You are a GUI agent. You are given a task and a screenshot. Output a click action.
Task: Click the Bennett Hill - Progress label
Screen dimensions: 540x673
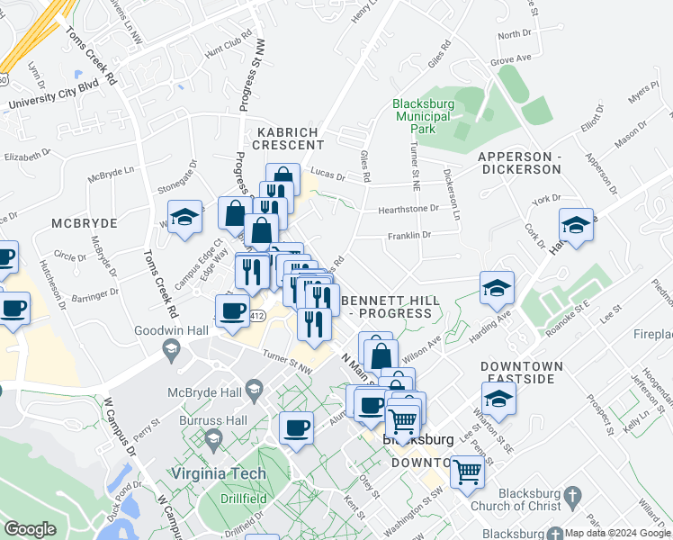point(390,306)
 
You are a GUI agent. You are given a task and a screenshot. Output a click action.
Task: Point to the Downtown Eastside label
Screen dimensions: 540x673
point(522,373)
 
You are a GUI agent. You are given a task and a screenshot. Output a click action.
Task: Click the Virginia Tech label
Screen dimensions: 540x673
point(221,474)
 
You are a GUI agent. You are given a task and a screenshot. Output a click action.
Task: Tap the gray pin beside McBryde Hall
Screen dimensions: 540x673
point(255,390)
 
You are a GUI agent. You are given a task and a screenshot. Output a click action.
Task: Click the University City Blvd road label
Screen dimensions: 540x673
point(53,96)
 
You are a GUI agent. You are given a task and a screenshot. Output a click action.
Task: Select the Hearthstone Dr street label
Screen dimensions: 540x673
point(408,208)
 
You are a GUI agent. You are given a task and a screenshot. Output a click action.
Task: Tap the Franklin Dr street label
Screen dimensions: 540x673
point(409,235)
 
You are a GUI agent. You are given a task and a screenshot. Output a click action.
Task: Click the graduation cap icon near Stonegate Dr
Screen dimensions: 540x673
point(185,218)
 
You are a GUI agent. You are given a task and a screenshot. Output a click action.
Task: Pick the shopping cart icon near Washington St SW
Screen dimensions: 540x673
point(467,470)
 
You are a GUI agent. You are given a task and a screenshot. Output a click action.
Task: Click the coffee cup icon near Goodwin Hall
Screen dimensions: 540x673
point(233,311)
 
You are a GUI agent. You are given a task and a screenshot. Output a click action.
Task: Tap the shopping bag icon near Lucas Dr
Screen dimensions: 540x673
point(283,176)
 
